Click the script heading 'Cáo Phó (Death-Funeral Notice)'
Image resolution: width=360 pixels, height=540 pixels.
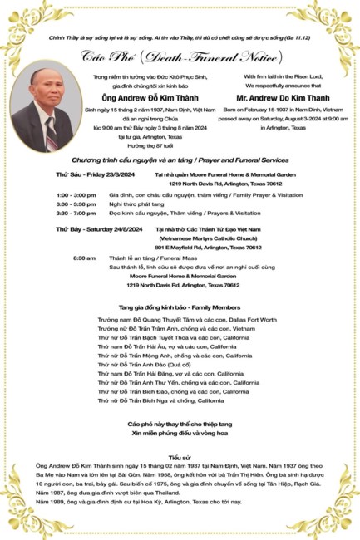[x=179, y=56]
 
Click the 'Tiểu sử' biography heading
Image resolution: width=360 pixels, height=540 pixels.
[x=180, y=457]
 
